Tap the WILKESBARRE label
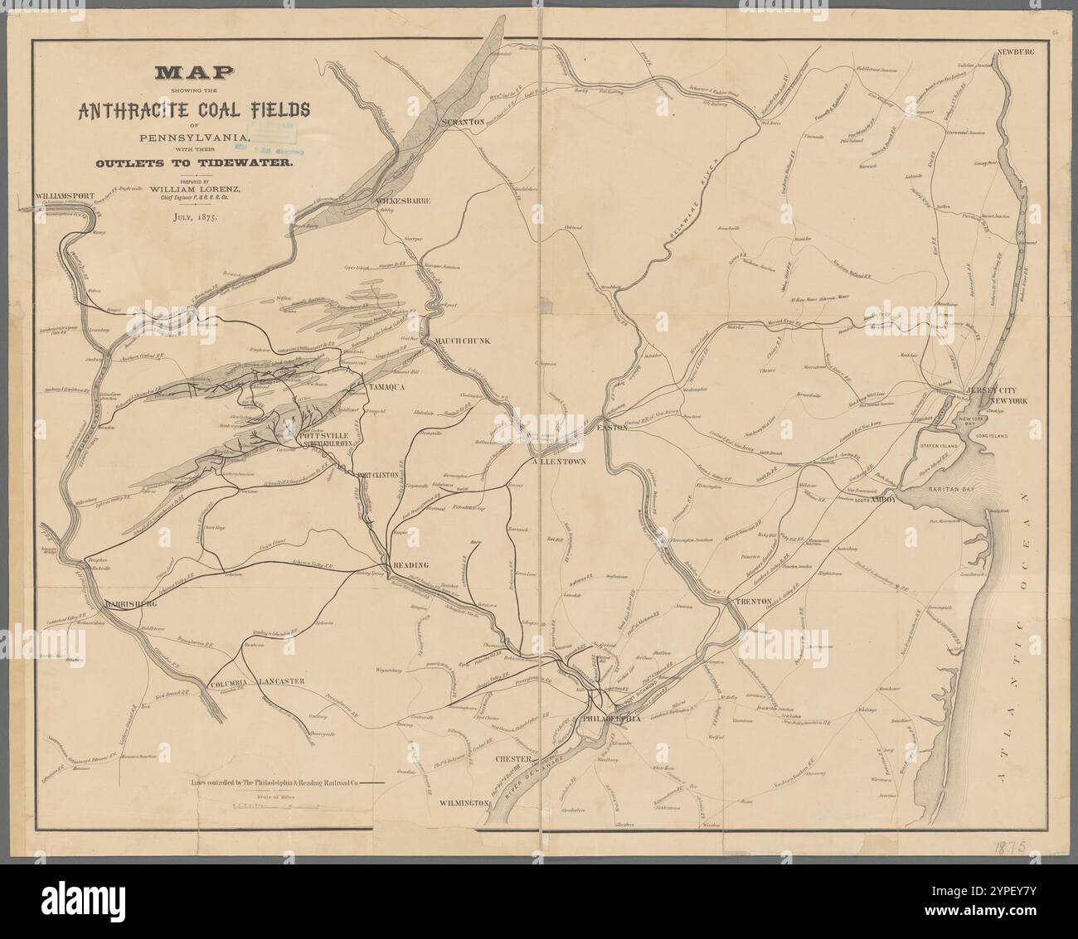[x=403, y=201]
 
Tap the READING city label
[x=410, y=564]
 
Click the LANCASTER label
[x=282, y=681]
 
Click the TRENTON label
[x=751, y=600]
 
